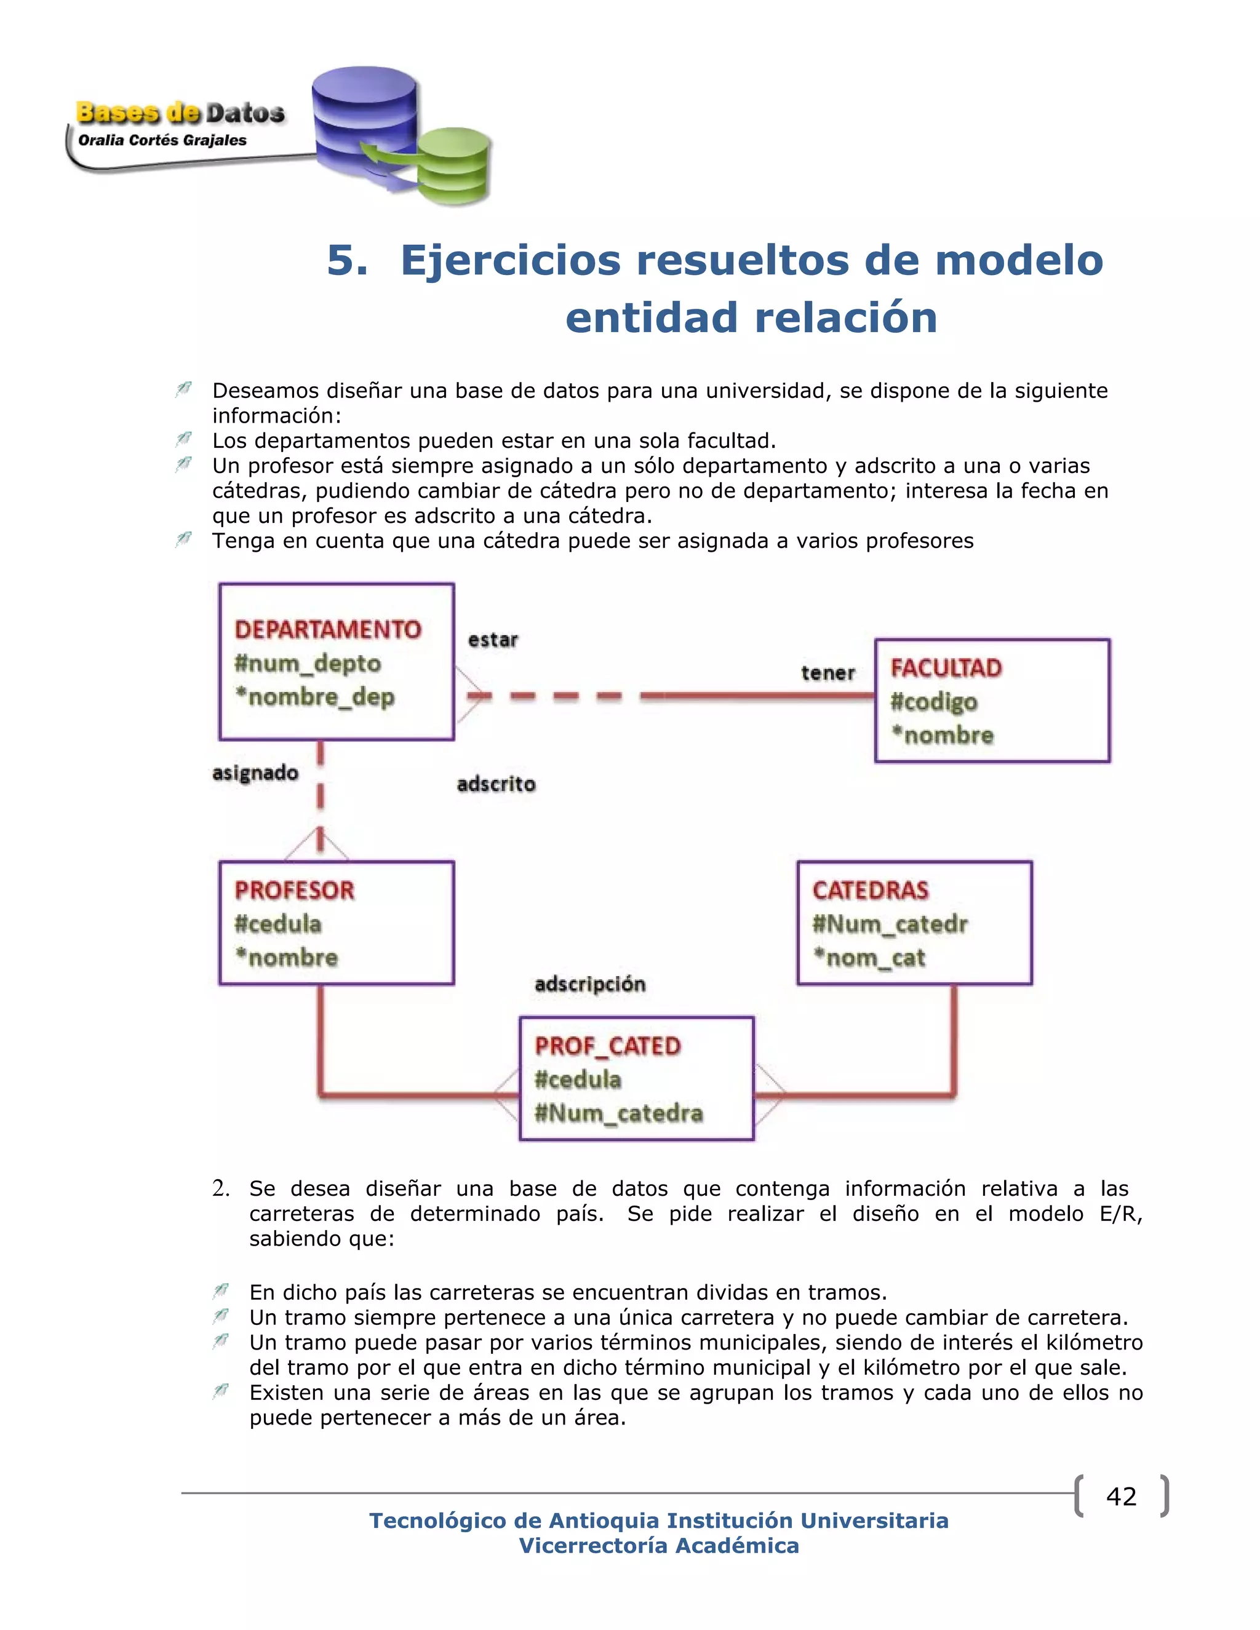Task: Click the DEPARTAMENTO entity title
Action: click(328, 629)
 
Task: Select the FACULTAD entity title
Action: click(946, 668)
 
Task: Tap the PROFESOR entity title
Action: click(294, 891)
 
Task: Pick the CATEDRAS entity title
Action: click(871, 891)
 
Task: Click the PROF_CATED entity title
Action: click(608, 1046)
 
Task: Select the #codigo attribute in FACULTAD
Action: click(934, 702)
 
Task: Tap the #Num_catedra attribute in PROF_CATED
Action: click(619, 1113)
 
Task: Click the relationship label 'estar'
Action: click(493, 640)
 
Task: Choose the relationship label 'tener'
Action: click(828, 673)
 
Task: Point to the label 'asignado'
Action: click(255, 773)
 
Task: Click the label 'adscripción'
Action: click(589, 984)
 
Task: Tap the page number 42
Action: click(1121, 1497)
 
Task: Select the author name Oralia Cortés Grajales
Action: click(162, 140)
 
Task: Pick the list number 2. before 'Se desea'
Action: click(220, 1188)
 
